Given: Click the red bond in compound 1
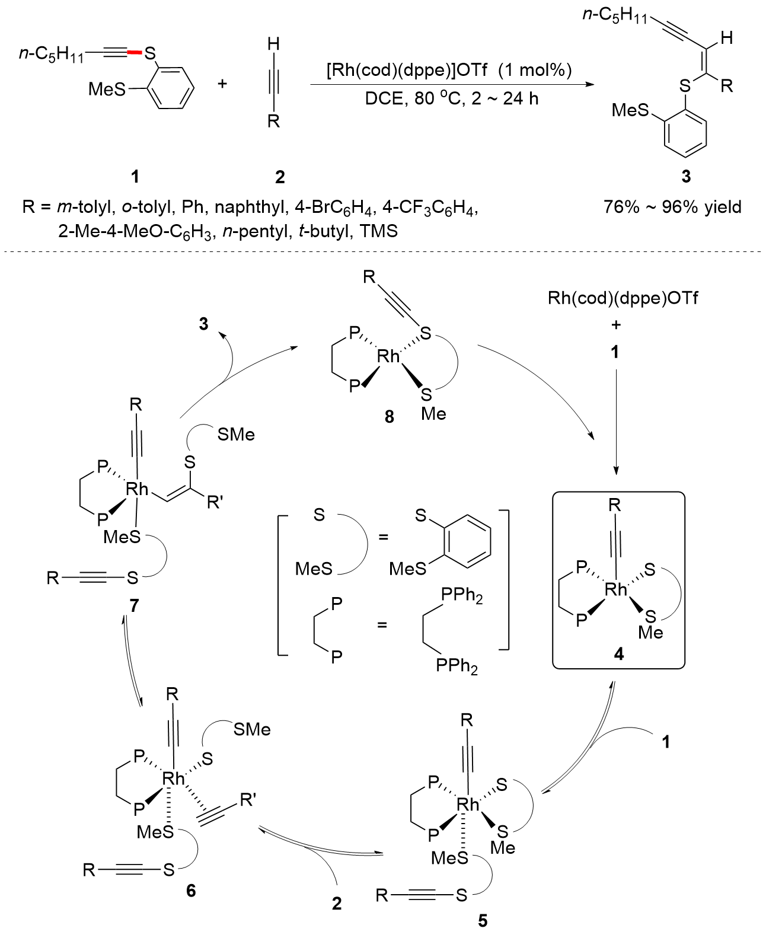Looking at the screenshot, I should coord(134,54).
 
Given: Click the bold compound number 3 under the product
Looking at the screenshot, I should coord(686,176).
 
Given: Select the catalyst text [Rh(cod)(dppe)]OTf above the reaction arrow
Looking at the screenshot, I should coord(407,70).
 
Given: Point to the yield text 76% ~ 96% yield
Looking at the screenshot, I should coord(672,207).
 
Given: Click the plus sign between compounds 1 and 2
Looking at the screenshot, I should coord(222,84).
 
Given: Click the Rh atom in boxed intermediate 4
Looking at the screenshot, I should coord(615,589).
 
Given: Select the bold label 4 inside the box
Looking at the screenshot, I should coord(619,654).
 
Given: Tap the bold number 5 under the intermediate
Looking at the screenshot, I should coord(483,920).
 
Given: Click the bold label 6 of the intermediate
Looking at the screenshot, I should coord(190,891).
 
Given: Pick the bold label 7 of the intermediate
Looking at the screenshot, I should coord(134,605).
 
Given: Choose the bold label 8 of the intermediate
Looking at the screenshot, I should coord(389,417).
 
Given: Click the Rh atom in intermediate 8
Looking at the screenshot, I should coord(388,356).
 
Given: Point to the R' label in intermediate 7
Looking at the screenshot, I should coord(215,503).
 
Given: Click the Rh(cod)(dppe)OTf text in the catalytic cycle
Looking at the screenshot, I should coord(623,298).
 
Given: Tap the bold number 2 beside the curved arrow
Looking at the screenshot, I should coord(337,904).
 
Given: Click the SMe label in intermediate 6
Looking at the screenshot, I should coord(252,729).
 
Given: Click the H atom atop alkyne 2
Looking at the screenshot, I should coord(273,44).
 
